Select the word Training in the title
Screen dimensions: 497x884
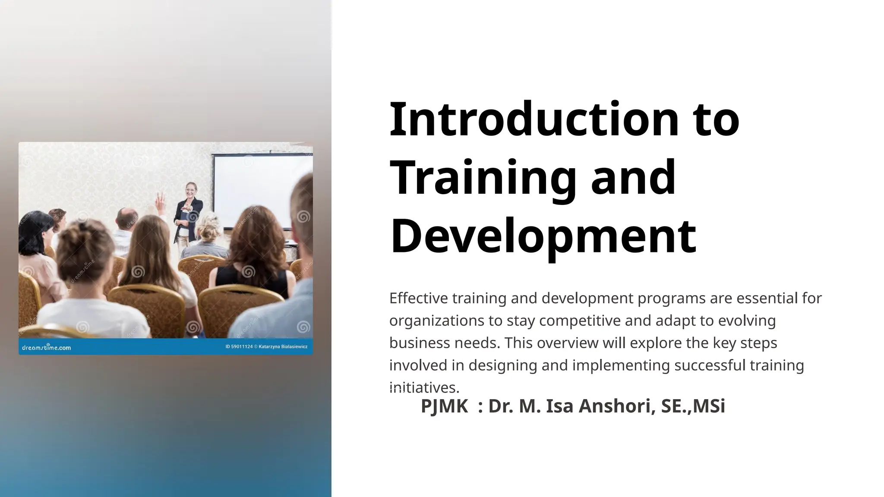(x=483, y=178)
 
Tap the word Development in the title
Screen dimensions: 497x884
(x=543, y=236)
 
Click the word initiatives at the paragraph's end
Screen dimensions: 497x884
(x=424, y=387)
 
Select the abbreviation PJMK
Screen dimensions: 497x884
(x=444, y=406)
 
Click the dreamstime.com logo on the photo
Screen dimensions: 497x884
(x=46, y=347)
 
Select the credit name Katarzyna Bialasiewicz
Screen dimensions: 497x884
(x=283, y=347)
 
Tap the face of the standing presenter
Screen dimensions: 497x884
(x=190, y=190)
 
